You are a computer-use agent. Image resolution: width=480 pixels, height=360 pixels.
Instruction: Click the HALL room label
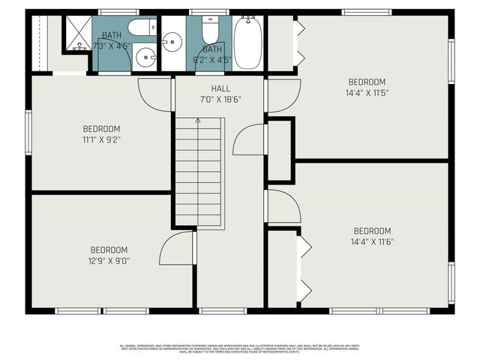point(220,88)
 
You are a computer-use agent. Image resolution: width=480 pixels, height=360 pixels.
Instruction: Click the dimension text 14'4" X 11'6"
point(372,242)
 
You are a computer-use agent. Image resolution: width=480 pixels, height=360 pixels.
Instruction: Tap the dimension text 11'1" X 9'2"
point(101,139)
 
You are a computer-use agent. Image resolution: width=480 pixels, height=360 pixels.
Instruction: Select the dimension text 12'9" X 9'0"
point(109,261)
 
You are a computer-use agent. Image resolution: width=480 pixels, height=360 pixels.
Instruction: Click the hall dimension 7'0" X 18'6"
point(220,100)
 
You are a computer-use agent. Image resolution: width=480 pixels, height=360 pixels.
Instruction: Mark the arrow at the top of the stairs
point(198,121)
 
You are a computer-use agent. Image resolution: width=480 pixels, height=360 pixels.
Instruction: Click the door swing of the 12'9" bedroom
point(178,248)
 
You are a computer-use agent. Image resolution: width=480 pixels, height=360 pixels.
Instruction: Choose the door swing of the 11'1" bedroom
point(156,94)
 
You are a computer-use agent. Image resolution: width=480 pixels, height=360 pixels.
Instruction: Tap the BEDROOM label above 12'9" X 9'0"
point(109,250)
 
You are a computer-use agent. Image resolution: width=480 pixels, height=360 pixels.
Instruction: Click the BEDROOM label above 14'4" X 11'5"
point(367,82)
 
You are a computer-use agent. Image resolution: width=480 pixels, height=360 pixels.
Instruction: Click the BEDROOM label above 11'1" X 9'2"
point(101,128)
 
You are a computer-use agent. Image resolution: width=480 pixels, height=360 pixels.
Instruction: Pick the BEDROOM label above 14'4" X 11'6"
point(372,231)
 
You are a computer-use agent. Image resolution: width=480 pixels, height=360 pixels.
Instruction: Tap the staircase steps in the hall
point(199,172)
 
